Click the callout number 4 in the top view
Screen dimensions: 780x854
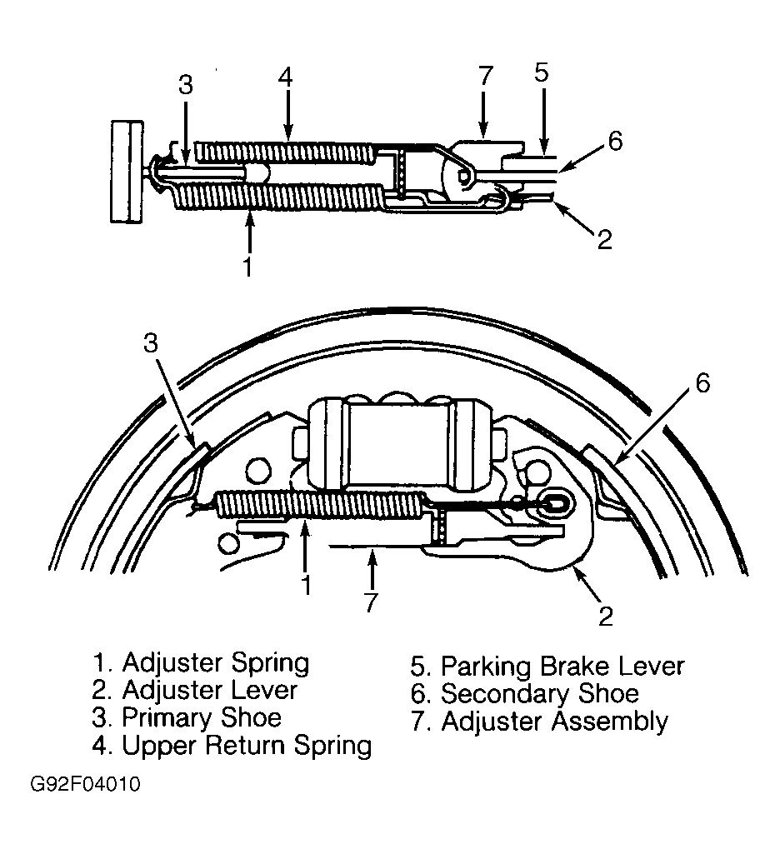286,77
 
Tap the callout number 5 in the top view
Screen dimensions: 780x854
541,72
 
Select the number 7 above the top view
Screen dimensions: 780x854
485,77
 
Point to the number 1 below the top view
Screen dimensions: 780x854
247,267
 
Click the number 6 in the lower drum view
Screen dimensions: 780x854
702,383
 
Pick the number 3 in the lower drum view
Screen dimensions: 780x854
151,343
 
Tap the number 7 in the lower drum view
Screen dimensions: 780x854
370,602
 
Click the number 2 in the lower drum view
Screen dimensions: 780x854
606,616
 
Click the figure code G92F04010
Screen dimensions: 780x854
85,784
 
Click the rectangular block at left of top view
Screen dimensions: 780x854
127,172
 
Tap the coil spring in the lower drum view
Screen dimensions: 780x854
321,504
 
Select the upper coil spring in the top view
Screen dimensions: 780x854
285,152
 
